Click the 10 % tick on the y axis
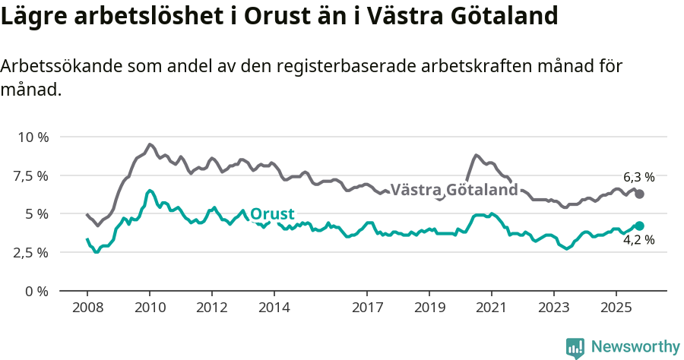[33, 137]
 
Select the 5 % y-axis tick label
[38, 214]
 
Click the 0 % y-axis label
[38, 291]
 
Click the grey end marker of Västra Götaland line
[639, 194]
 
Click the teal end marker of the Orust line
[639, 226]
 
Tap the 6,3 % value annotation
[638, 177]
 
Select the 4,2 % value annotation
[638, 241]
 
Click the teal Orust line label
[272, 213]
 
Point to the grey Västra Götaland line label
[454, 189]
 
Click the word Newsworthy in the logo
[635, 346]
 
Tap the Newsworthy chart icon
[575, 348]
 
